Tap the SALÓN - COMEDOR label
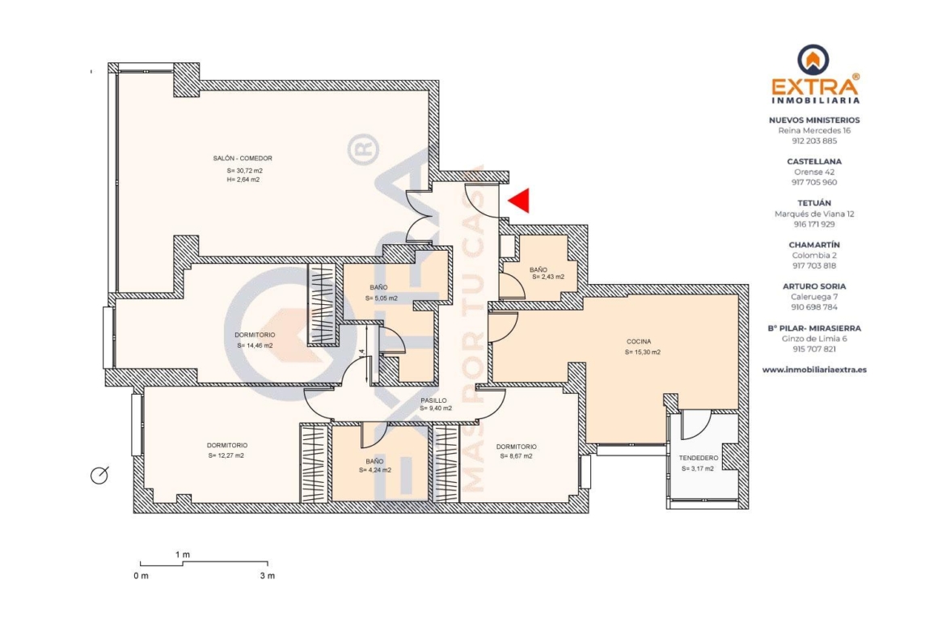coord(243,159)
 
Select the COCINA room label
coord(639,341)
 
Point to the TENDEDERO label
coord(699,458)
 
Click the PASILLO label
coord(433,400)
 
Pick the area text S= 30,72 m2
coord(244,171)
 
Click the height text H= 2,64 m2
coord(243,180)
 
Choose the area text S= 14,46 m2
coord(256,346)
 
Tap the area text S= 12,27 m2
coord(226,455)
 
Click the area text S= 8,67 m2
coord(517,456)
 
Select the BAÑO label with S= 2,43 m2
coord(538,270)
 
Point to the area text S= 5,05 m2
coord(382,298)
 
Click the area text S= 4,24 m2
coord(374,470)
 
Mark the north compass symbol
coord(99,475)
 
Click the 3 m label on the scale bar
coord(268,576)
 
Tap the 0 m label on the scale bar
coord(141,576)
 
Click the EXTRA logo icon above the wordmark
coord(813,59)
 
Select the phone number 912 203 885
coord(814,142)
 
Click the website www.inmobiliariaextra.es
coord(814,370)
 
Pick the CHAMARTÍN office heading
coord(814,245)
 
